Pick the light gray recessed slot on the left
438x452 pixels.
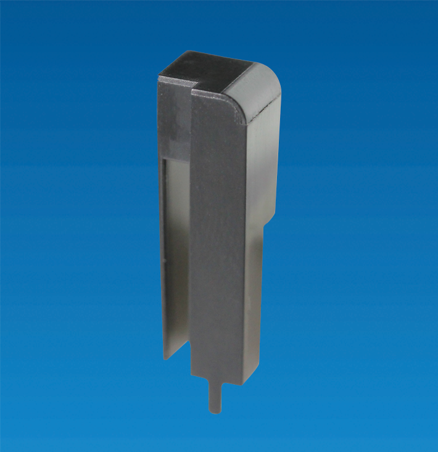(175, 247)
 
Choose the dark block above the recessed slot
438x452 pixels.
(175, 123)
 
